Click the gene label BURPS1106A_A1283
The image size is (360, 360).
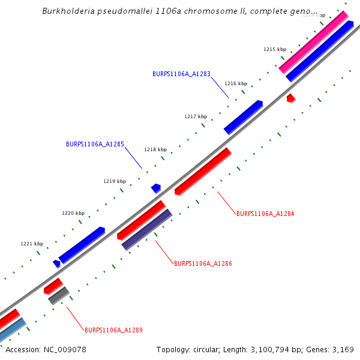[x=181, y=74]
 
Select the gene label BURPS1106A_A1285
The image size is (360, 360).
[x=95, y=144]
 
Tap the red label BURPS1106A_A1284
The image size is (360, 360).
[x=265, y=214]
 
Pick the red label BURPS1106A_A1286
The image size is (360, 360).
[x=203, y=263]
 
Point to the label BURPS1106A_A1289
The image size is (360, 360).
[x=113, y=330]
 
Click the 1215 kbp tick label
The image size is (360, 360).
[x=275, y=49]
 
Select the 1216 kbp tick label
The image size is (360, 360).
[x=236, y=84]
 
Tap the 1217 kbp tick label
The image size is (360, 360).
[x=196, y=116]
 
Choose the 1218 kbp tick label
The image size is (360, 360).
[x=155, y=149]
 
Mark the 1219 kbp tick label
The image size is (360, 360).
[x=115, y=181]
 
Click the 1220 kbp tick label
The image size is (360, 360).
[x=73, y=213]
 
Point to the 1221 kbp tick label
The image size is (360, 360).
[x=32, y=244]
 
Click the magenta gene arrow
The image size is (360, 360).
[x=313, y=42]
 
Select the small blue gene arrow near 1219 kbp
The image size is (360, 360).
[x=156, y=188]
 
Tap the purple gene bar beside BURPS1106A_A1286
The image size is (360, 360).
[x=147, y=229]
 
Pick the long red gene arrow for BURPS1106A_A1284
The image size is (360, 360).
[x=203, y=171]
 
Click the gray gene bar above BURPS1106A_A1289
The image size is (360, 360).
[x=59, y=295]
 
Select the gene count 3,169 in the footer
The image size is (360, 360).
[x=343, y=349]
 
